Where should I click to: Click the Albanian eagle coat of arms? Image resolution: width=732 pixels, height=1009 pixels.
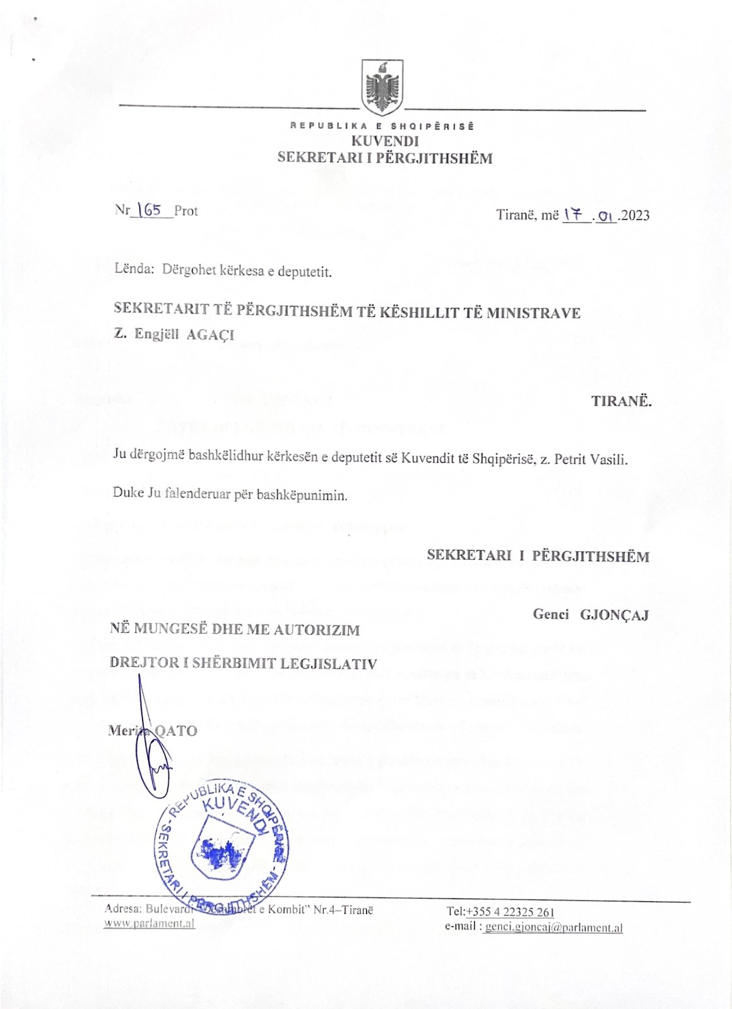click(x=382, y=87)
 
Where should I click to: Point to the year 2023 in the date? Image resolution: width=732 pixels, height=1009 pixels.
click(x=635, y=216)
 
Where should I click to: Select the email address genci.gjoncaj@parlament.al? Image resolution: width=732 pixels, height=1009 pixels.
click(x=553, y=928)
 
